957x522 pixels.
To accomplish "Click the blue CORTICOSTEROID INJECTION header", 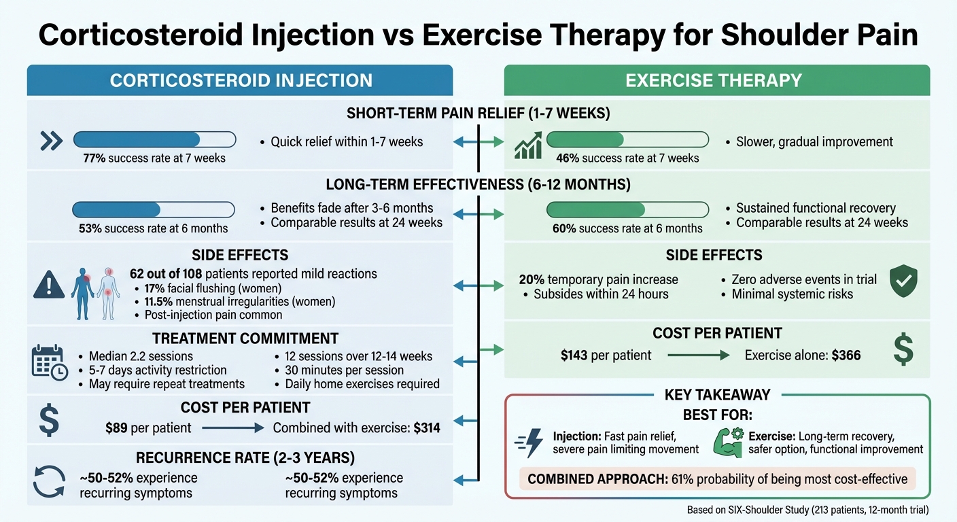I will click(x=240, y=80).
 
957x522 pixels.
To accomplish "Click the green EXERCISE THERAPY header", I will click(x=716, y=80).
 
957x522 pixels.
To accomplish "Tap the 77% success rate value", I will click(x=93, y=158).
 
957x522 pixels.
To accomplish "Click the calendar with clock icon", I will click(x=50, y=362).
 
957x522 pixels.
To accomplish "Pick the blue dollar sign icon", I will click(x=50, y=420).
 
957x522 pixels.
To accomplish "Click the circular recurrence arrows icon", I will click(x=50, y=481).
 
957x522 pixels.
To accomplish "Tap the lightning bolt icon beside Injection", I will click(x=530, y=442).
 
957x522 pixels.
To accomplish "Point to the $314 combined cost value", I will click(x=427, y=428).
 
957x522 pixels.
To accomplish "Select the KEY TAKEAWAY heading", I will click(x=717, y=395).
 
